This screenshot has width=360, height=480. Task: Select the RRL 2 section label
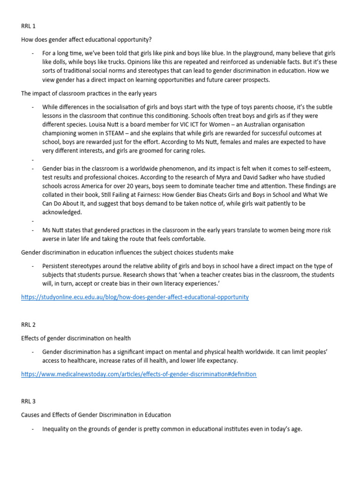28,324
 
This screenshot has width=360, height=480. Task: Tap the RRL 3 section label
28,401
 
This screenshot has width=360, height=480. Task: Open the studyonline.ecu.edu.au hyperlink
135,297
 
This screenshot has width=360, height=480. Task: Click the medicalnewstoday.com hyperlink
139,374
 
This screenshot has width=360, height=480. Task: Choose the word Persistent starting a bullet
57,266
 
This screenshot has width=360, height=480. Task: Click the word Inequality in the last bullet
57,428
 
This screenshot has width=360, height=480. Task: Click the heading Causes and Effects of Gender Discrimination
96,415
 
